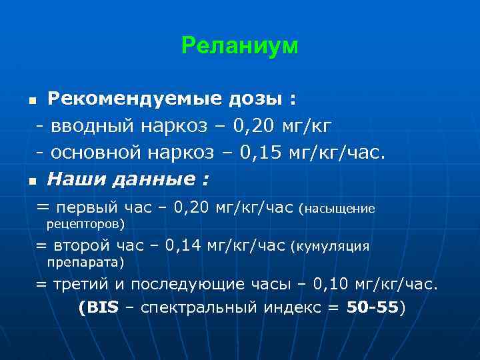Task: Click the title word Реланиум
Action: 240,46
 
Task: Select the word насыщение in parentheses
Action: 341,209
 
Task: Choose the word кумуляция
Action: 332,247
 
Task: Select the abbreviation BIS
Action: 101,309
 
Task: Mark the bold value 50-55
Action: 373,309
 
